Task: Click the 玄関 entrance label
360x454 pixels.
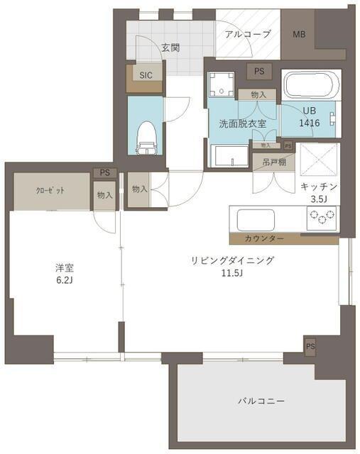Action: pos(170,48)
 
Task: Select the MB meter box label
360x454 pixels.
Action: pos(300,34)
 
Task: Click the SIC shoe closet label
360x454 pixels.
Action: pos(146,74)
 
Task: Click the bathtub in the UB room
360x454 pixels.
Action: pos(310,89)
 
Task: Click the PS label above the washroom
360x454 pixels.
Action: pos(259,71)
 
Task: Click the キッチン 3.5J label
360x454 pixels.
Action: pos(318,192)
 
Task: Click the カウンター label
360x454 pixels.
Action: pos(264,238)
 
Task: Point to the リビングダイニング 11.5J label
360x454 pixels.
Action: pos(232,267)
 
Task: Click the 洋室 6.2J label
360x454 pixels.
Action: pos(65,274)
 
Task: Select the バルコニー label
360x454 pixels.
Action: pos(261,402)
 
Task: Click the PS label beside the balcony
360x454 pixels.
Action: pos(310,346)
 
